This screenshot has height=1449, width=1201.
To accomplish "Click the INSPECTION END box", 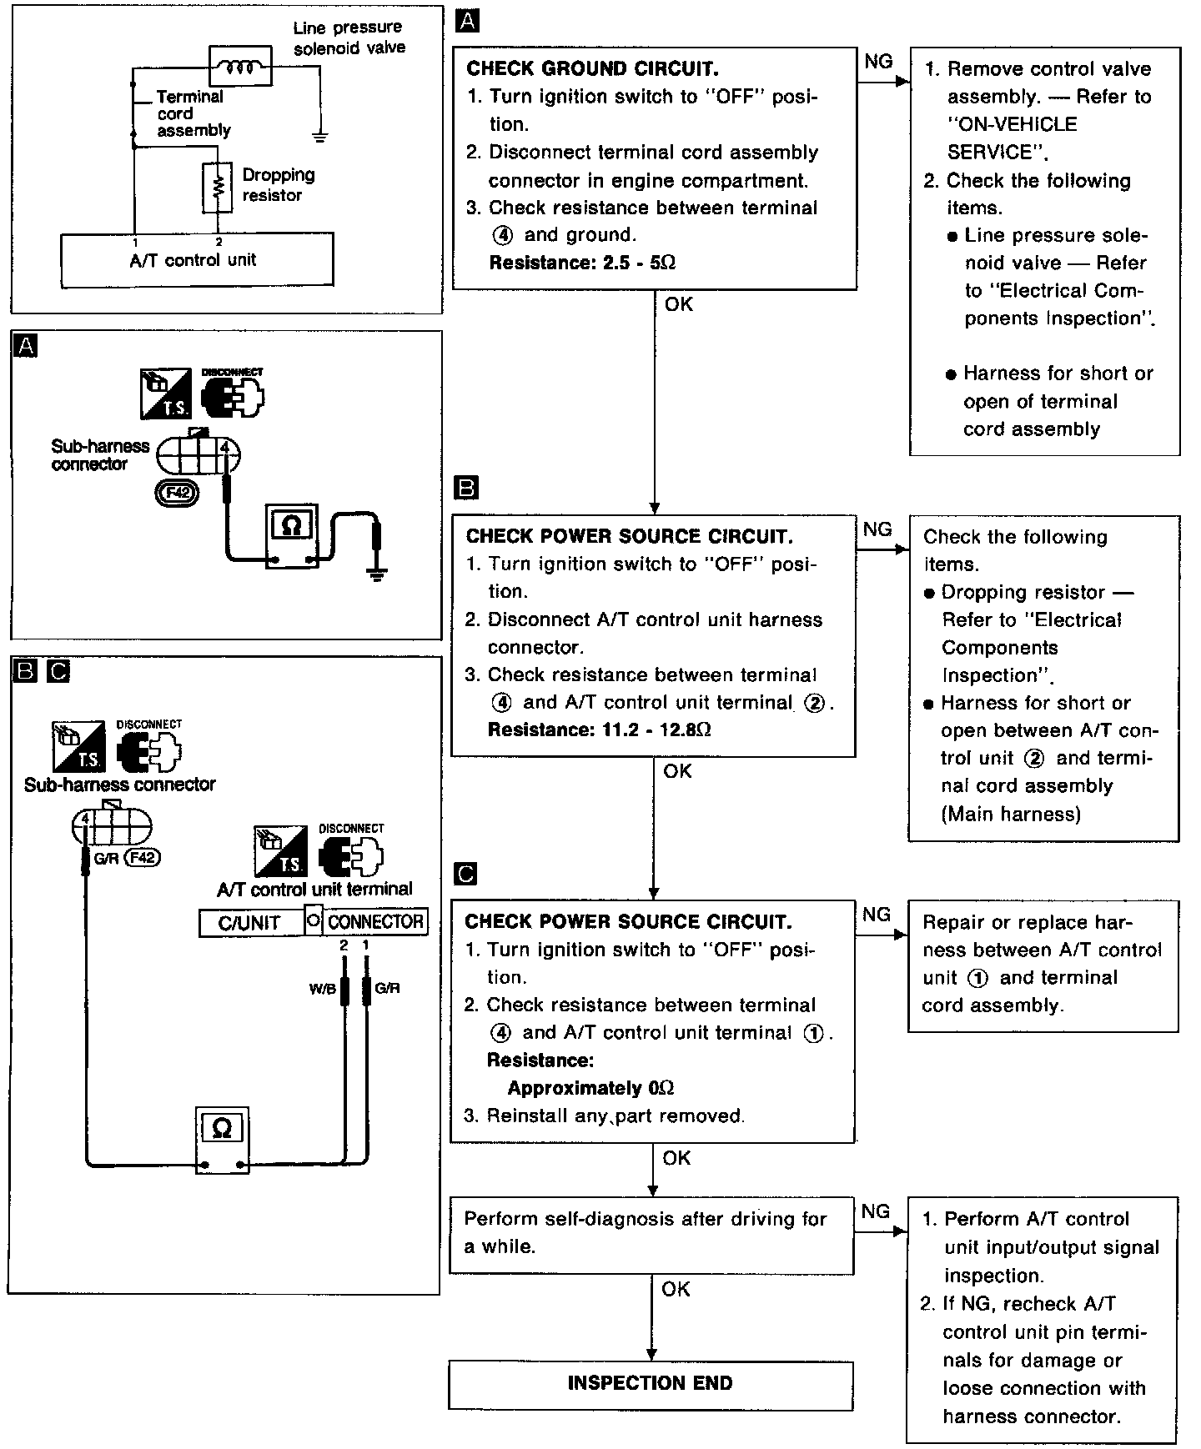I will click(x=651, y=1384).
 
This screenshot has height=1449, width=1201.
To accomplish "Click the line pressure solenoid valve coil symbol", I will click(x=240, y=66).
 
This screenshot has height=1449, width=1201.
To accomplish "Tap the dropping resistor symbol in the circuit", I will click(x=218, y=187).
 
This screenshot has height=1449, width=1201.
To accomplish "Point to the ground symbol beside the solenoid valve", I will click(x=319, y=135).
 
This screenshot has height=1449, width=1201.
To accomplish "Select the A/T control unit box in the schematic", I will click(x=197, y=260).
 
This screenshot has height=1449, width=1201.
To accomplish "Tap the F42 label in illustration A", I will click(x=178, y=492).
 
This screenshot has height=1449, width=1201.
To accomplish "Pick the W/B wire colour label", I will click(x=322, y=989).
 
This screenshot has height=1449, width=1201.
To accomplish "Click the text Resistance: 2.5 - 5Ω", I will click(x=581, y=263).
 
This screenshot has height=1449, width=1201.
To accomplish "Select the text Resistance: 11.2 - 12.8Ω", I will click(x=599, y=730).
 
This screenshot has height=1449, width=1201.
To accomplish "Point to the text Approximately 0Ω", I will click(x=590, y=1088).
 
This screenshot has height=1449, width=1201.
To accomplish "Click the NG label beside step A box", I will click(x=877, y=62).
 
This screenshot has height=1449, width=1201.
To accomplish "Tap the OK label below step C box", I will click(x=676, y=1158).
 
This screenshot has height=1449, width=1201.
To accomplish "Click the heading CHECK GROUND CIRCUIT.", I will click(x=592, y=68).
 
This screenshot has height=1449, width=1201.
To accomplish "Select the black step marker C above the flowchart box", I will click(x=466, y=874).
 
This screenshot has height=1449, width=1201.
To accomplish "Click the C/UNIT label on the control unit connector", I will click(x=249, y=923).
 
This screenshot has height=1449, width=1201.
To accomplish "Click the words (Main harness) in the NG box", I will click(x=1011, y=814).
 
